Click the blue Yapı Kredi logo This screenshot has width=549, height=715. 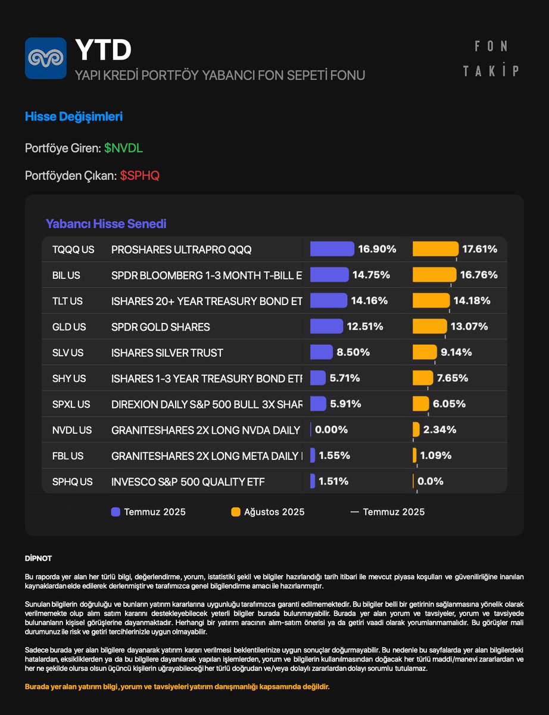[x=46, y=58]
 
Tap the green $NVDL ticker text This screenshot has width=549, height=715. [x=123, y=148]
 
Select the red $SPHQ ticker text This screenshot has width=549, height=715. [x=140, y=176]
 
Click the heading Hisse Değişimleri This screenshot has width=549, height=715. [x=74, y=117]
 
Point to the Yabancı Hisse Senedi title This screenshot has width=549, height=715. [x=106, y=224]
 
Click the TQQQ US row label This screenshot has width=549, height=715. [x=73, y=250]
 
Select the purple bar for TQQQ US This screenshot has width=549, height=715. [x=332, y=249]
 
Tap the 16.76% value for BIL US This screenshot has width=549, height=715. [x=478, y=275]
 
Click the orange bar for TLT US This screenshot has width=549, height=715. [x=431, y=300]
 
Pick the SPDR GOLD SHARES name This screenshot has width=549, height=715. [x=161, y=327]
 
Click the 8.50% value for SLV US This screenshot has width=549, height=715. [x=353, y=352]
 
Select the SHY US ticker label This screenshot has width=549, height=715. [x=69, y=378]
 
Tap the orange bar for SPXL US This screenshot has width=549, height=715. [x=421, y=403]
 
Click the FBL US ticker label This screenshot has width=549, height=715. [x=68, y=456]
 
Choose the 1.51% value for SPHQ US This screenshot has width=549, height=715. [x=333, y=481]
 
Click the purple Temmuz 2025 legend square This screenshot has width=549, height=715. [x=116, y=512]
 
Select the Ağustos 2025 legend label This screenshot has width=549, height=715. [x=274, y=512]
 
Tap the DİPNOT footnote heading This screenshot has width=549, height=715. [x=38, y=558]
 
